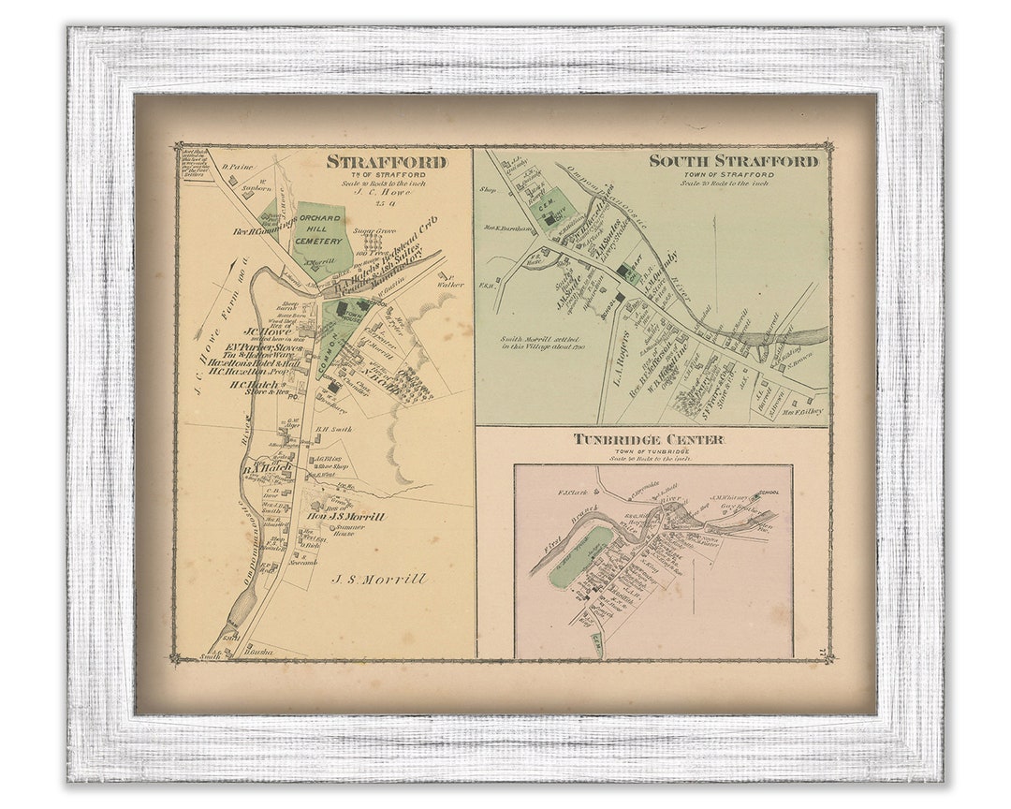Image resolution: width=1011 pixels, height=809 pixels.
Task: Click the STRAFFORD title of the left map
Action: click(x=387, y=162)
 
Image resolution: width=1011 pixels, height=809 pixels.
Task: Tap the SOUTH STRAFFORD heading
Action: click(x=734, y=160)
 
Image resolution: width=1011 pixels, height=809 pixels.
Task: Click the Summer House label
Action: click(x=351, y=530)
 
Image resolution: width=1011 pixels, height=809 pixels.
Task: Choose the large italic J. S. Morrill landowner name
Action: click(x=379, y=580)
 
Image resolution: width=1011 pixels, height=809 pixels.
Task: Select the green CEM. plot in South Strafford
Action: click(x=543, y=208)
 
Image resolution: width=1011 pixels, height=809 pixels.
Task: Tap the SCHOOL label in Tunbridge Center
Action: click(x=769, y=492)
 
